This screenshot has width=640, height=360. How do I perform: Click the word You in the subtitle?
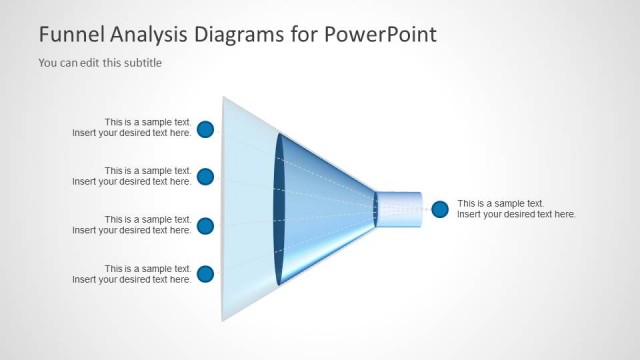point(48,63)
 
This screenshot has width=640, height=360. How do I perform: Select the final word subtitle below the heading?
point(141,63)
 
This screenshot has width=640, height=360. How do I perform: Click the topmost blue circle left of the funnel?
point(205,128)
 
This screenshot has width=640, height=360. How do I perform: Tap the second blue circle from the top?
point(205,177)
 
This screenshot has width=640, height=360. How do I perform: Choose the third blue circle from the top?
point(205,226)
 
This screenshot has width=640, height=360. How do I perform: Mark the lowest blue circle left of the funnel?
point(205,274)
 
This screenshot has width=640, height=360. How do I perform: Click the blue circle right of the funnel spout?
point(440,209)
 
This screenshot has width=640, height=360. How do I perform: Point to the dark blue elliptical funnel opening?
point(279,209)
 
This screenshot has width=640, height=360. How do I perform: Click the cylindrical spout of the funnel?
point(400,209)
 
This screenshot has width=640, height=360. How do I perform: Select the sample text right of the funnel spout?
point(516,209)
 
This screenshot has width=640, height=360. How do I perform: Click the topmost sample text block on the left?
point(132,128)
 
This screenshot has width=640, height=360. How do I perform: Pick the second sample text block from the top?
point(132,176)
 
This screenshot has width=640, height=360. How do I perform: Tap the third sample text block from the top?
point(132,225)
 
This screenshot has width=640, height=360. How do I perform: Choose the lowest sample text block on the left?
point(132,274)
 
